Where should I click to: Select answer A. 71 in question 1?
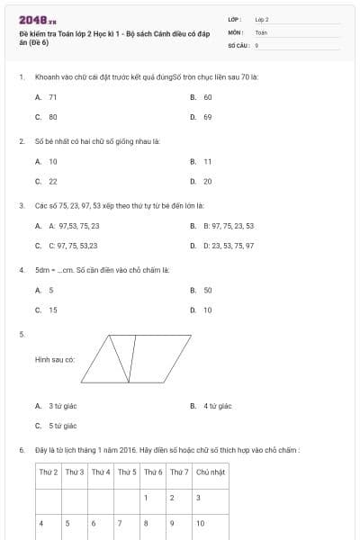pos(47,97)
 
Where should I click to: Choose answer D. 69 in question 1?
pos(202,117)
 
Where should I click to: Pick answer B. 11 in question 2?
pos(202,161)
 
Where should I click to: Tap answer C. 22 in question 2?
pos(47,181)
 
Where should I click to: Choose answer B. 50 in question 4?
pos(202,291)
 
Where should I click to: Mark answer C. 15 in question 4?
pos(47,310)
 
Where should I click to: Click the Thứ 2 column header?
pos(49,472)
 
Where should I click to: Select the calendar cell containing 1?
pos(152,497)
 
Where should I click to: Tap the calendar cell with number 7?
pos(126,522)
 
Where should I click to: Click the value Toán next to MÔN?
pos(261,31)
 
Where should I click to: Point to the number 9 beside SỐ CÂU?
pos(257,44)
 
